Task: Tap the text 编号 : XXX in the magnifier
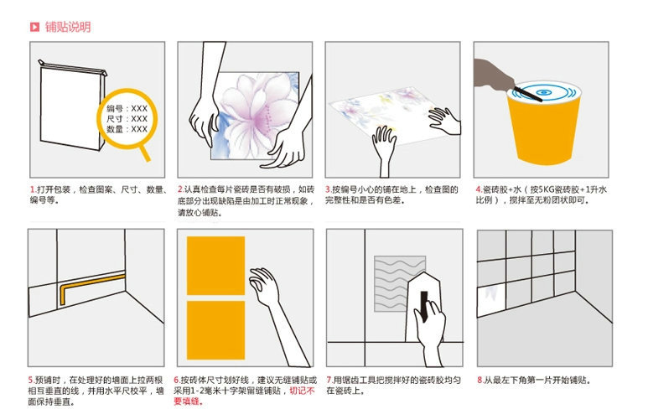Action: click(x=127, y=109)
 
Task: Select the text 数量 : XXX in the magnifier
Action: click(x=127, y=130)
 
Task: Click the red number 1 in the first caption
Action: click(x=32, y=190)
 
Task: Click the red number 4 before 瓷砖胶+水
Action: click(x=478, y=190)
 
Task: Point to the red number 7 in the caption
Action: click(x=329, y=381)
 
